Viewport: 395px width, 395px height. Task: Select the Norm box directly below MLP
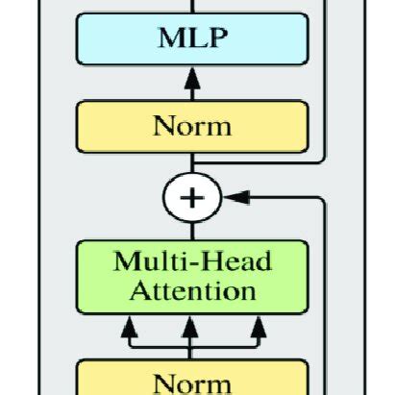tap(192, 126)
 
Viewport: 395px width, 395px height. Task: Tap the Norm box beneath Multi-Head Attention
tap(192, 381)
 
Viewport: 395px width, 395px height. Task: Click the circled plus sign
tap(193, 198)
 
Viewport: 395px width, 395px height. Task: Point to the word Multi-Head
tap(192, 262)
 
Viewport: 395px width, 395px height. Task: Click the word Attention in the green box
tap(192, 289)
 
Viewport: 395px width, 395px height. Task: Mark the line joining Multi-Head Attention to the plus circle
tap(192, 228)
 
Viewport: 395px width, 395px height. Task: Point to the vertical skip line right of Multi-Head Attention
tap(327, 288)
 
